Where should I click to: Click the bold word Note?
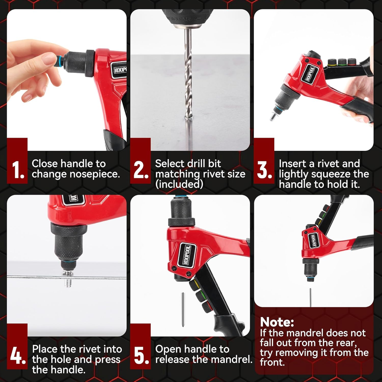(277, 322)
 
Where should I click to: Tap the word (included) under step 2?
(179, 184)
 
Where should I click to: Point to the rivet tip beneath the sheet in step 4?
(68, 283)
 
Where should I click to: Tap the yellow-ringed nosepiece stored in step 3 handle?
(331, 62)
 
